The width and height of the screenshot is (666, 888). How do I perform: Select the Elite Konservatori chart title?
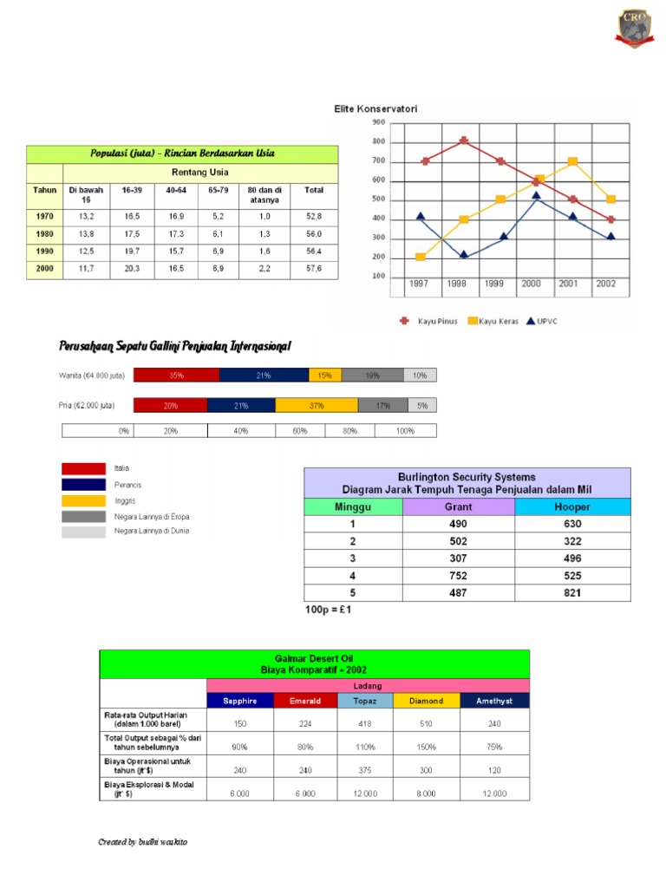[376, 109]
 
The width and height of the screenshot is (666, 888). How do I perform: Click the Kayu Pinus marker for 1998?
[464, 140]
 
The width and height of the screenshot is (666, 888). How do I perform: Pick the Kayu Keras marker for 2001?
[573, 161]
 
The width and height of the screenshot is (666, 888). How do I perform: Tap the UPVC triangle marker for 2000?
[537, 197]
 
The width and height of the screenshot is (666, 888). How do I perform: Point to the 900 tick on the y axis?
[378, 122]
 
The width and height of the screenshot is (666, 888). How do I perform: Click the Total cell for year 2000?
[313, 269]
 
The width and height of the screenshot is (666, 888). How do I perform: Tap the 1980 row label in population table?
[44, 234]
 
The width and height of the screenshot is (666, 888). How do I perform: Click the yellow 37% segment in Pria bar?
[316, 405]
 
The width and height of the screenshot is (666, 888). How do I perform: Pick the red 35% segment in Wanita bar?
[177, 375]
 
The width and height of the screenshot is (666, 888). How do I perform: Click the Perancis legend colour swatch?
[83, 485]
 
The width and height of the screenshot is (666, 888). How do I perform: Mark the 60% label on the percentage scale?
[300, 431]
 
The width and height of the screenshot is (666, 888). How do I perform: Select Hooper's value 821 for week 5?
[572, 593]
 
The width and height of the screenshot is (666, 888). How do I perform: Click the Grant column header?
[458, 506]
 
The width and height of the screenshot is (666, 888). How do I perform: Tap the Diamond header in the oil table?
[426, 701]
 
